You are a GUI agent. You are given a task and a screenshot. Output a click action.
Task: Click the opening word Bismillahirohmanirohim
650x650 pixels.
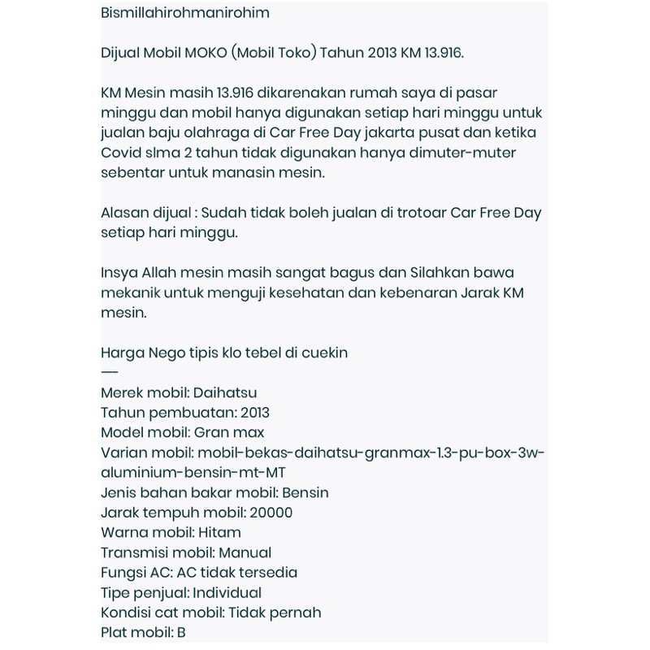pos(185,14)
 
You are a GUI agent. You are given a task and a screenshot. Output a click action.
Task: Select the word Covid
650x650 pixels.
pos(120,153)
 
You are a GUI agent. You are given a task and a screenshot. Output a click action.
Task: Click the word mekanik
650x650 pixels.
pos(131,292)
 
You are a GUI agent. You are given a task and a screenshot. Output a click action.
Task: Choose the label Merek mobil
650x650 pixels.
pos(144,392)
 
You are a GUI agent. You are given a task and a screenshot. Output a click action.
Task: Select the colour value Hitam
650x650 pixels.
pos(219,532)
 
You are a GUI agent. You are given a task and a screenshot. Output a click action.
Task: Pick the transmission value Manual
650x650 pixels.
pos(243,552)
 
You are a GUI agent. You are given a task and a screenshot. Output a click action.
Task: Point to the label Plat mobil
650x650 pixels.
pos(134,632)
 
